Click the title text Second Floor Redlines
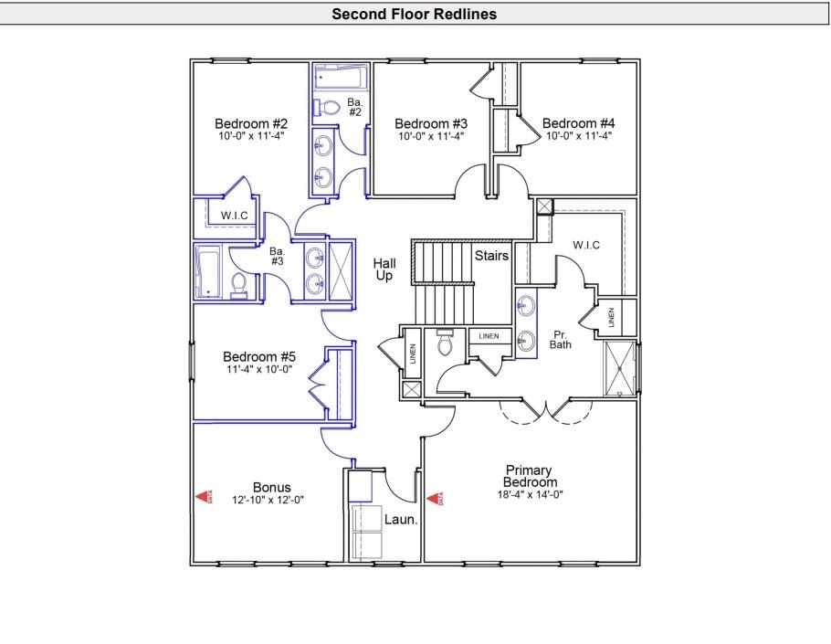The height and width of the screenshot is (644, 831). [x=414, y=14]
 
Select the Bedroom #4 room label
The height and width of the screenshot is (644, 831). [x=578, y=123]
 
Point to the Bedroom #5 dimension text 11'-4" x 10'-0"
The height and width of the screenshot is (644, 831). [x=260, y=370]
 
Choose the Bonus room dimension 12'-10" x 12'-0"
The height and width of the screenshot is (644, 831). [x=271, y=500]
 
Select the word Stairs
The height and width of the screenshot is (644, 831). [x=490, y=256]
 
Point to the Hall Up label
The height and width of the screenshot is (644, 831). [x=384, y=269]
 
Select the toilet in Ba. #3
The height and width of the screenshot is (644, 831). [x=238, y=287]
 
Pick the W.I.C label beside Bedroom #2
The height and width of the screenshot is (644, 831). [x=235, y=216]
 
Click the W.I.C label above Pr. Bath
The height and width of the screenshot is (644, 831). [x=585, y=245]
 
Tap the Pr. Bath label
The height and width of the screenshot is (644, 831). [x=560, y=340]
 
